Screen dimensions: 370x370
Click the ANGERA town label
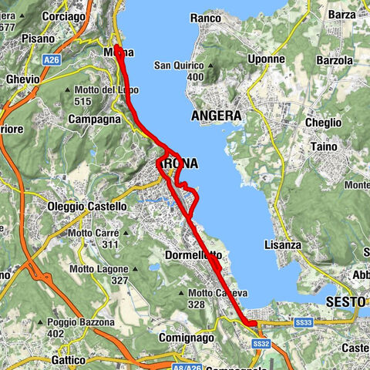216,116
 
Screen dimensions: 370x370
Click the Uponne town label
267,59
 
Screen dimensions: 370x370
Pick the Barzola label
334,60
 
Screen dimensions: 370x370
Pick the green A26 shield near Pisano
52,59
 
